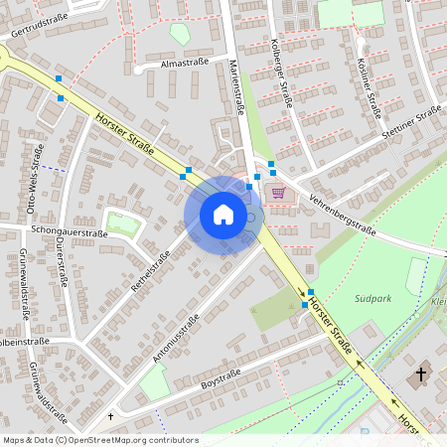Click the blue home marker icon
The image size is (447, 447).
tap(223, 215)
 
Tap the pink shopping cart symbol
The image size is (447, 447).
tap(280, 193)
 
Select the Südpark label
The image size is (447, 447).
tap(373, 297)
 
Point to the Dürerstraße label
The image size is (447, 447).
tap(61, 260)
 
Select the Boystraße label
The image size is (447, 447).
tap(223, 376)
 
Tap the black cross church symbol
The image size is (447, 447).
tap(420, 374)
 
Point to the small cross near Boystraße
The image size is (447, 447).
tap(110, 416)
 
